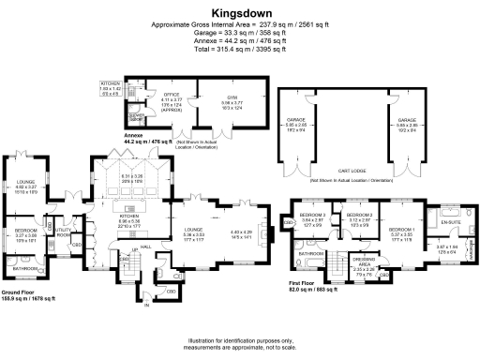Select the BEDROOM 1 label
(401, 229)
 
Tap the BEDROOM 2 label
(359, 216)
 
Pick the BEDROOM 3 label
(311, 216)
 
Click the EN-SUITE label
(451, 220)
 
